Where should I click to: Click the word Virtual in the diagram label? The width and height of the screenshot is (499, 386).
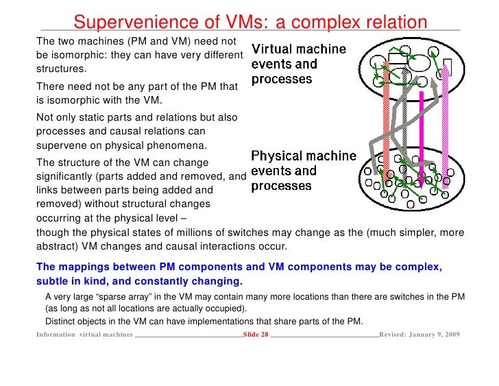pos(273,50)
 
